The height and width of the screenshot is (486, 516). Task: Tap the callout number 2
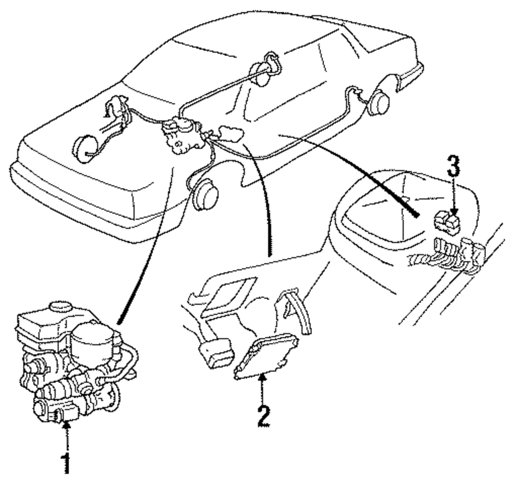(x=263, y=416)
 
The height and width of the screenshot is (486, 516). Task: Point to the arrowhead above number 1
(x=66, y=425)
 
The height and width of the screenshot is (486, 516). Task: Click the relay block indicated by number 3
(x=446, y=222)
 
